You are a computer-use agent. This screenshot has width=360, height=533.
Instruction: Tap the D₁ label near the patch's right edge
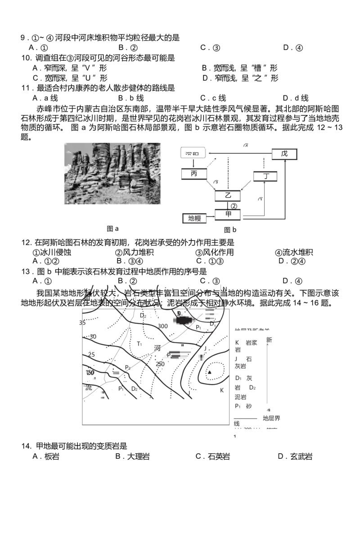(x=212, y=324)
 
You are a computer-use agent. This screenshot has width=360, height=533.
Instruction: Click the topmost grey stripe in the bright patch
(x=209, y=311)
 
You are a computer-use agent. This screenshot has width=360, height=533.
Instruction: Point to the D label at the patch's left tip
(x=179, y=313)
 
